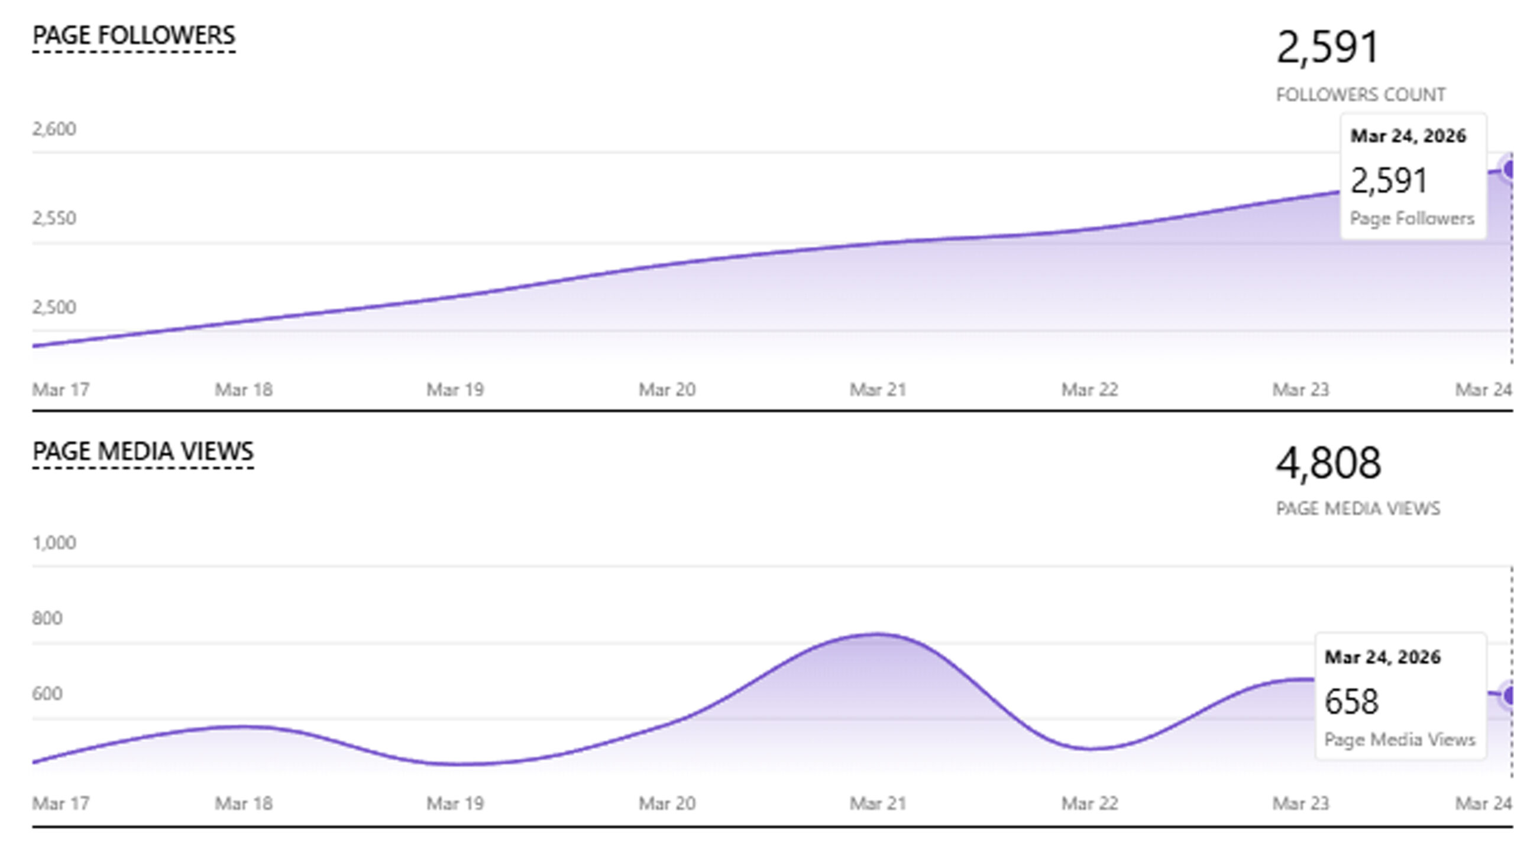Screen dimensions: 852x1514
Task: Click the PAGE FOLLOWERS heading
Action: tap(134, 35)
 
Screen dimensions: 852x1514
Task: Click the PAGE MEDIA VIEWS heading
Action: tap(143, 451)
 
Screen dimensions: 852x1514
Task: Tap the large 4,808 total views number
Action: tap(1328, 463)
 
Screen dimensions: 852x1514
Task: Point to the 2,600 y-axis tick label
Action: tap(54, 129)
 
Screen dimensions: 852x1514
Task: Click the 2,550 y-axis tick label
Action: tap(54, 218)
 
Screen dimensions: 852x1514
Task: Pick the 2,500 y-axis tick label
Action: tap(54, 308)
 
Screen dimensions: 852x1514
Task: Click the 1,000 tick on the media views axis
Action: tap(54, 543)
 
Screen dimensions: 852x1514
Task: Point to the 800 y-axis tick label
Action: tap(47, 618)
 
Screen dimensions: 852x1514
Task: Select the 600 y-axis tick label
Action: tap(47, 693)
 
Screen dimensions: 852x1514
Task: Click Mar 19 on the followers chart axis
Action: tap(455, 390)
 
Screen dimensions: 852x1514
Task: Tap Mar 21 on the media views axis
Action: tap(878, 803)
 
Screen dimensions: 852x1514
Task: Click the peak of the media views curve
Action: tap(878, 635)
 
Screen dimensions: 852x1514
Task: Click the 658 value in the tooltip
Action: tap(1351, 702)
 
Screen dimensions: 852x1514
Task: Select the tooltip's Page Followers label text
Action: tap(1412, 219)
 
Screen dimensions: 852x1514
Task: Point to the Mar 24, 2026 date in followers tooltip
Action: tap(1408, 136)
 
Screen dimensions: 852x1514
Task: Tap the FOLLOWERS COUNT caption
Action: tap(1360, 95)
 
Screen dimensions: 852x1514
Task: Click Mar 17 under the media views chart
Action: tap(60, 803)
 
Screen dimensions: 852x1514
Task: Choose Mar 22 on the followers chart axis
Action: tap(1089, 390)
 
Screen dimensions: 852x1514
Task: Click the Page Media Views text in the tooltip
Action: tap(1399, 740)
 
